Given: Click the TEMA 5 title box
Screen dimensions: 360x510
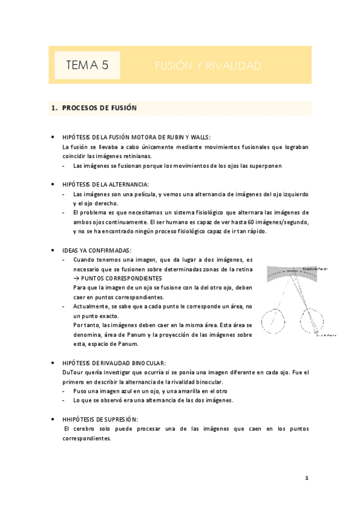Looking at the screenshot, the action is (87, 65).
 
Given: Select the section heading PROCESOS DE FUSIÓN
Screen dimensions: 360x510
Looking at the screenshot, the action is (100, 108).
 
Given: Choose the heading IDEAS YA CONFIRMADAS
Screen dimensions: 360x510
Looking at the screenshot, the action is (97, 250).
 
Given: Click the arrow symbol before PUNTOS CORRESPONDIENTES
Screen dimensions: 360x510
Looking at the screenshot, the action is (76, 279).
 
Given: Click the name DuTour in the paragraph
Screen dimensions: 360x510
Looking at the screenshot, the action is (73, 373).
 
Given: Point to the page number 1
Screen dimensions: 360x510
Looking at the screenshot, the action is (307, 478).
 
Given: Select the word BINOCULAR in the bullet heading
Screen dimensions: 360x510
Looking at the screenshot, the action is (145, 363).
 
